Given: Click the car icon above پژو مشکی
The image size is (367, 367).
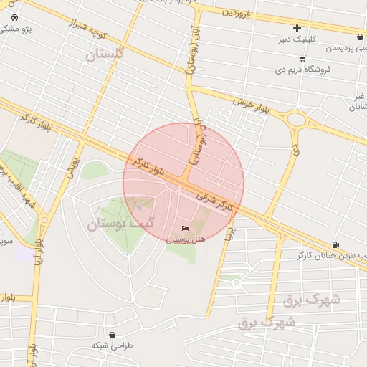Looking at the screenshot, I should (x=6, y=19).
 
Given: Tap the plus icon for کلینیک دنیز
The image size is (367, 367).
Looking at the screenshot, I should (x=297, y=28).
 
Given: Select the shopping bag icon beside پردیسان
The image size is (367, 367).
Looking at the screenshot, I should (x=359, y=37).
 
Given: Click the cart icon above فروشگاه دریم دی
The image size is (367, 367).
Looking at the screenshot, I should (x=303, y=58).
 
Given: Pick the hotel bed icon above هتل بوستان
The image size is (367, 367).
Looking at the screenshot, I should (x=186, y=228).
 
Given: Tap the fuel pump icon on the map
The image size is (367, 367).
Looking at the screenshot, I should (x=336, y=244).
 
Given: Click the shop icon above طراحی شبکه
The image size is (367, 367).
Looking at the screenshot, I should (x=112, y=334).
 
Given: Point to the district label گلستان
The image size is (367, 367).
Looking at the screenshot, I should (x=105, y=54).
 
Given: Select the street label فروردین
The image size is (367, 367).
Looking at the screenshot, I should (x=237, y=12).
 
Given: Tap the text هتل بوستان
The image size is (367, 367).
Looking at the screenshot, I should (x=186, y=239).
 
